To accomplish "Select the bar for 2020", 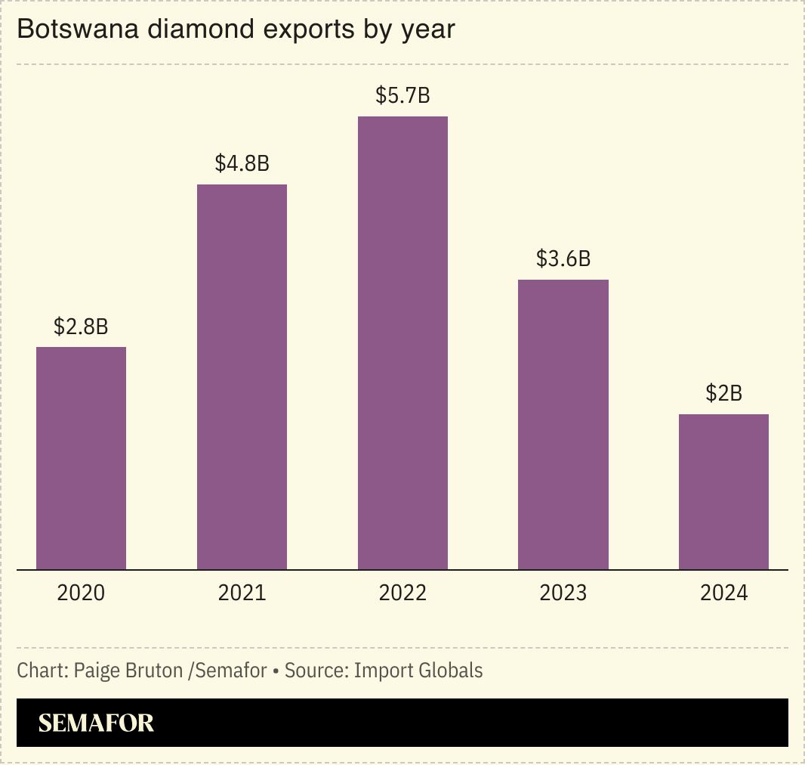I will tap(81, 458).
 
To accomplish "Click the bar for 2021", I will tap(242, 376).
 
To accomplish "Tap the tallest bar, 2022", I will tap(402, 342).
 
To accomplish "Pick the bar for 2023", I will tap(563, 424).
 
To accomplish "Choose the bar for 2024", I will tap(723, 491).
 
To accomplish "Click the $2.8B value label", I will tap(81, 327).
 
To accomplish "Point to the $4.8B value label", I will tap(242, 163).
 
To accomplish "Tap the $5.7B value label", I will tap(402, 96).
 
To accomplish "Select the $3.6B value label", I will tap(563, 259).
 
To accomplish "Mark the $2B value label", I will tap(723, 393).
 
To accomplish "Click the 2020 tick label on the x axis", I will tap(81, 593).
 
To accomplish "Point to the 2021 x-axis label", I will tap(242, 593).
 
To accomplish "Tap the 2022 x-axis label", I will tap(402, 593).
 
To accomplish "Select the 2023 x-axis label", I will tap(563, 593).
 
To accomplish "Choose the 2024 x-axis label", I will tap(723, 593).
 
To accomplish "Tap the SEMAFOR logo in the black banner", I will tap(96, 723).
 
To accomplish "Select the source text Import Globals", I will tap(418, 670).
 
